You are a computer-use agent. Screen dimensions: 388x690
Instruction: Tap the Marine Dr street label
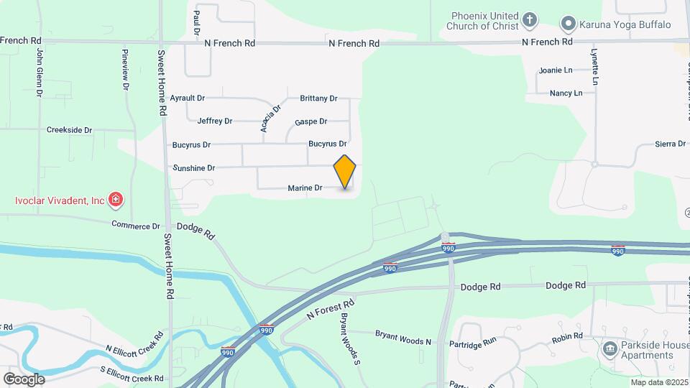click(x=305, y=188)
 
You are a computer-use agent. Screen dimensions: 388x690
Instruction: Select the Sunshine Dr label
click(x=194, y=168)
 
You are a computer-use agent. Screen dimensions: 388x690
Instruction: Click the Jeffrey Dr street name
click(x=215, y=121)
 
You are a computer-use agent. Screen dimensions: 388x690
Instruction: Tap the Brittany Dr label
click(x=318, y=98)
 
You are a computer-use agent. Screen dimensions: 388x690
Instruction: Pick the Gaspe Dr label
click(x=310, y=121)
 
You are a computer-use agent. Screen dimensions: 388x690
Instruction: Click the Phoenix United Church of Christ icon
click(x=529, y=19)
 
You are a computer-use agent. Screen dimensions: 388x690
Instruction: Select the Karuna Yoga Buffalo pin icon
click(x=568, y=24)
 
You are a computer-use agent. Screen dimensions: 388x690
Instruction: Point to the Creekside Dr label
click(x=70, y=130)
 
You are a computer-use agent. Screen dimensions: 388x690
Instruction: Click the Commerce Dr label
click(x=136, y=225)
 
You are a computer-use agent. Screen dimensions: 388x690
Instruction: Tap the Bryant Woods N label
click(x=403, y=334)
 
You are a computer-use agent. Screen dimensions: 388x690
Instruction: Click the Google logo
click(x=24, y=379)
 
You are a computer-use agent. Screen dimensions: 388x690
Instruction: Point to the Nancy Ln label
click(x=566, y=93)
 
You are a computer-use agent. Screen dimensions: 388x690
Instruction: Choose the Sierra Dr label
click(x=671, y=144)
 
